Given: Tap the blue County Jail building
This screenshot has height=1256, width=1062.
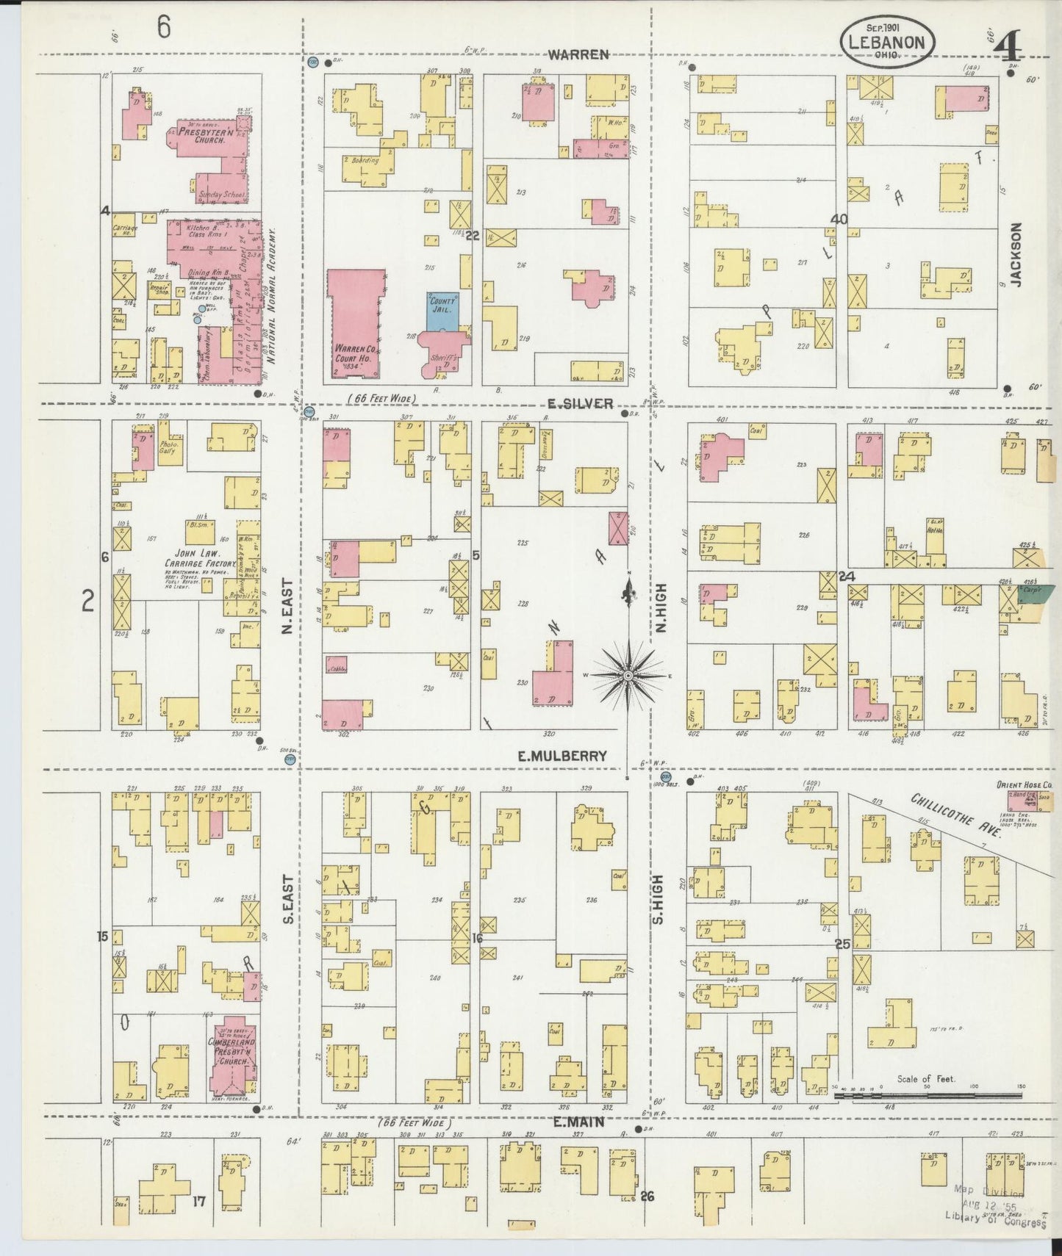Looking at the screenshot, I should click(x=444, y=309).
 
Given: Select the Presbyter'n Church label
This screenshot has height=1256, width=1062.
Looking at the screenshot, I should click(x=200, y=135).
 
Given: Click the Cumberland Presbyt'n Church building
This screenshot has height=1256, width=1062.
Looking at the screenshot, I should click(x=234, y=1060).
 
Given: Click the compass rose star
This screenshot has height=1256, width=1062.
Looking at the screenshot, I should click(x=629, y=674).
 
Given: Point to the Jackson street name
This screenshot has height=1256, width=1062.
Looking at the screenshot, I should click(x=1016, y=253).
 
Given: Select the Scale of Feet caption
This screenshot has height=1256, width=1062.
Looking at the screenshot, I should click(x=925, y=1079).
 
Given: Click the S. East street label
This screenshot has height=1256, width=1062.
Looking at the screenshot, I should click(x=288, y=898).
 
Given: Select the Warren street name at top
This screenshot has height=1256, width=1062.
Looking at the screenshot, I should click(x=579, y=54).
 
